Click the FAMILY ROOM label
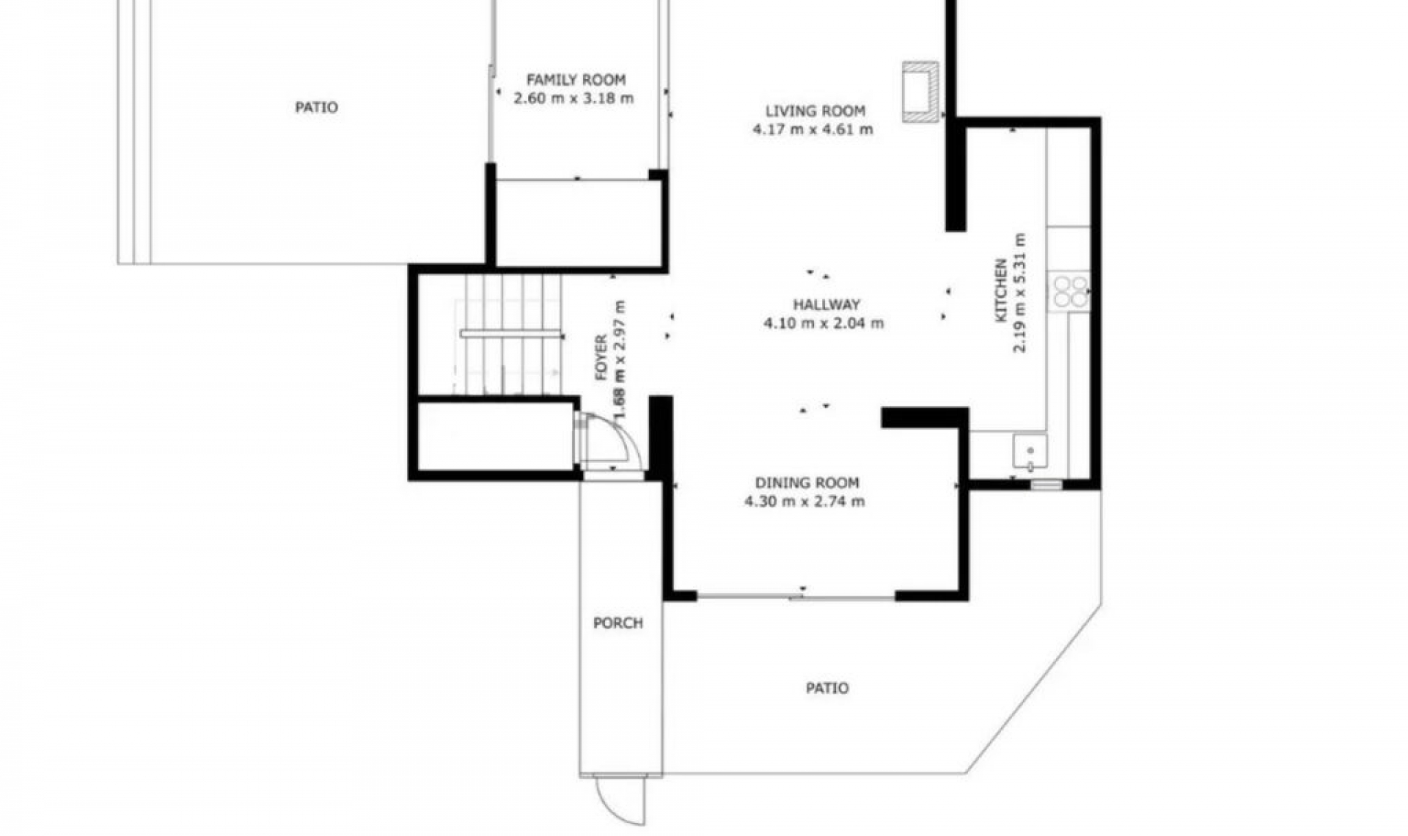(576, 79)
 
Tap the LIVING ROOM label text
(815, 111)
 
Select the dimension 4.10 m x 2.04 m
(823, 323)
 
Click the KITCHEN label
(1000, 291)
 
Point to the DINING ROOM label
(807, 483)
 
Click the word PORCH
(617, 623)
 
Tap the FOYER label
(601, 358)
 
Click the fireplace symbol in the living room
(920, 89)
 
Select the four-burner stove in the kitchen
(1069, 291)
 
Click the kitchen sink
(1030, 451)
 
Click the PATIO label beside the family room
(316, 108)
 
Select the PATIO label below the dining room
(826, 688)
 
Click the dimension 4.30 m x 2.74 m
(804, 502)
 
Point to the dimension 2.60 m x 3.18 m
(573, 98)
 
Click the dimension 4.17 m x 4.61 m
(813, 130)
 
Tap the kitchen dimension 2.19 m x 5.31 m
(1019, 293)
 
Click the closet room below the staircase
(495, 437)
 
